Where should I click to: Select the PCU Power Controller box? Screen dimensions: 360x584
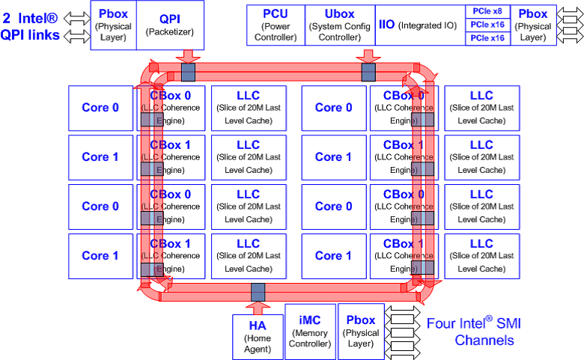(x=275, y=25)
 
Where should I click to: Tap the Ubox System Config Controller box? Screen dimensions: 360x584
(x=339, y=25)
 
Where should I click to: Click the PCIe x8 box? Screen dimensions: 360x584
(x=487, y=12)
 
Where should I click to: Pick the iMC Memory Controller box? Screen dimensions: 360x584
(x=309, y=329)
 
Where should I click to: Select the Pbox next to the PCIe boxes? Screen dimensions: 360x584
(x=532, y=25)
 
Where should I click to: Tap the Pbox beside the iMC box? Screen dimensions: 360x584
(x=361, y=329)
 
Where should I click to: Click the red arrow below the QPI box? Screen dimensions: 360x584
(x=187, y=58)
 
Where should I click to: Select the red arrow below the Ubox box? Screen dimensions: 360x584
(x=368, y=58)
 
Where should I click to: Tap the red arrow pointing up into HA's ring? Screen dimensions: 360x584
(x=258, y=305)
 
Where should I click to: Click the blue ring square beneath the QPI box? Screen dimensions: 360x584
(x=187, y=73)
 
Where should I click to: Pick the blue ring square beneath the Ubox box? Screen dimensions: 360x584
(x=368, y=73)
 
